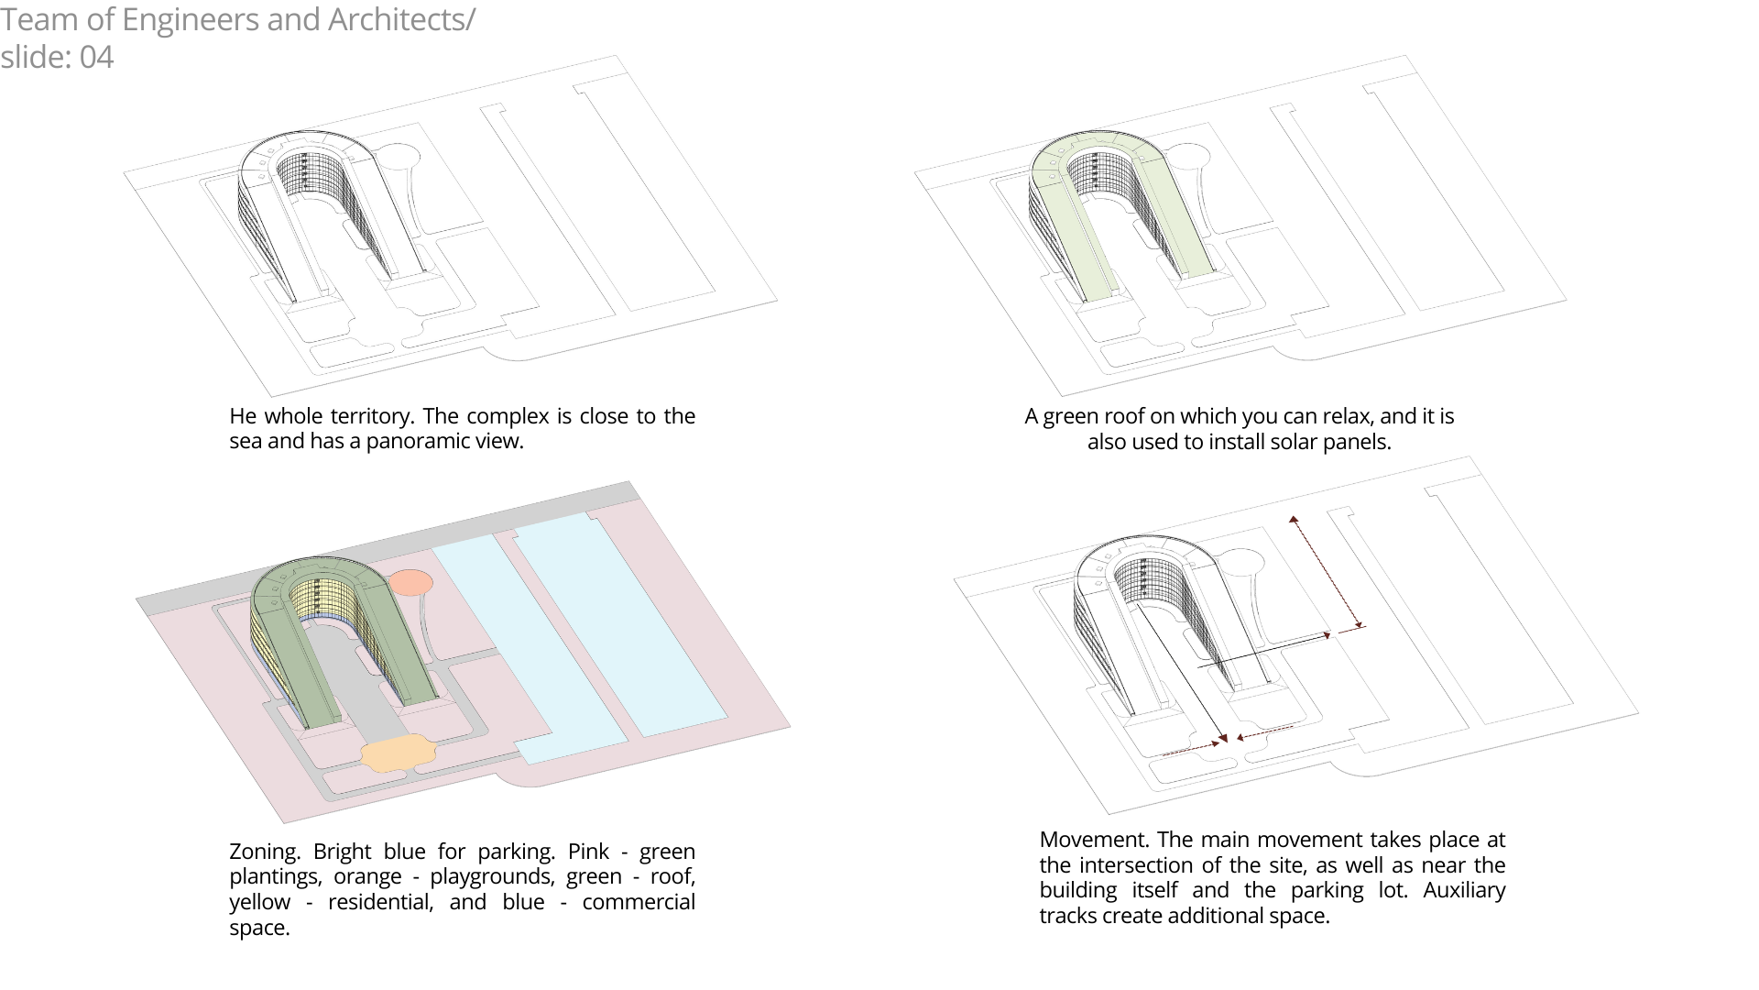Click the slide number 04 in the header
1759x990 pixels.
click(x=96, y=58)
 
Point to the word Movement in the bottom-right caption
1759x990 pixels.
click(x=1094, y=840)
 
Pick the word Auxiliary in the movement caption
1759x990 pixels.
click(x=1464, y=891)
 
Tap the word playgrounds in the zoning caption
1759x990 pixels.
click(x=492, y=877)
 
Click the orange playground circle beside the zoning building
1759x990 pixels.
click(x=410, y=583)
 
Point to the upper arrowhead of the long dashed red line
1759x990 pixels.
click(x=1294, y=520)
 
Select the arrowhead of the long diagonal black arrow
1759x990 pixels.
click(x=1223, y=738)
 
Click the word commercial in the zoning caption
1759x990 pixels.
click(x=639, y=903)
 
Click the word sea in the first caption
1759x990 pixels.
click(x=245, y=442)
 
